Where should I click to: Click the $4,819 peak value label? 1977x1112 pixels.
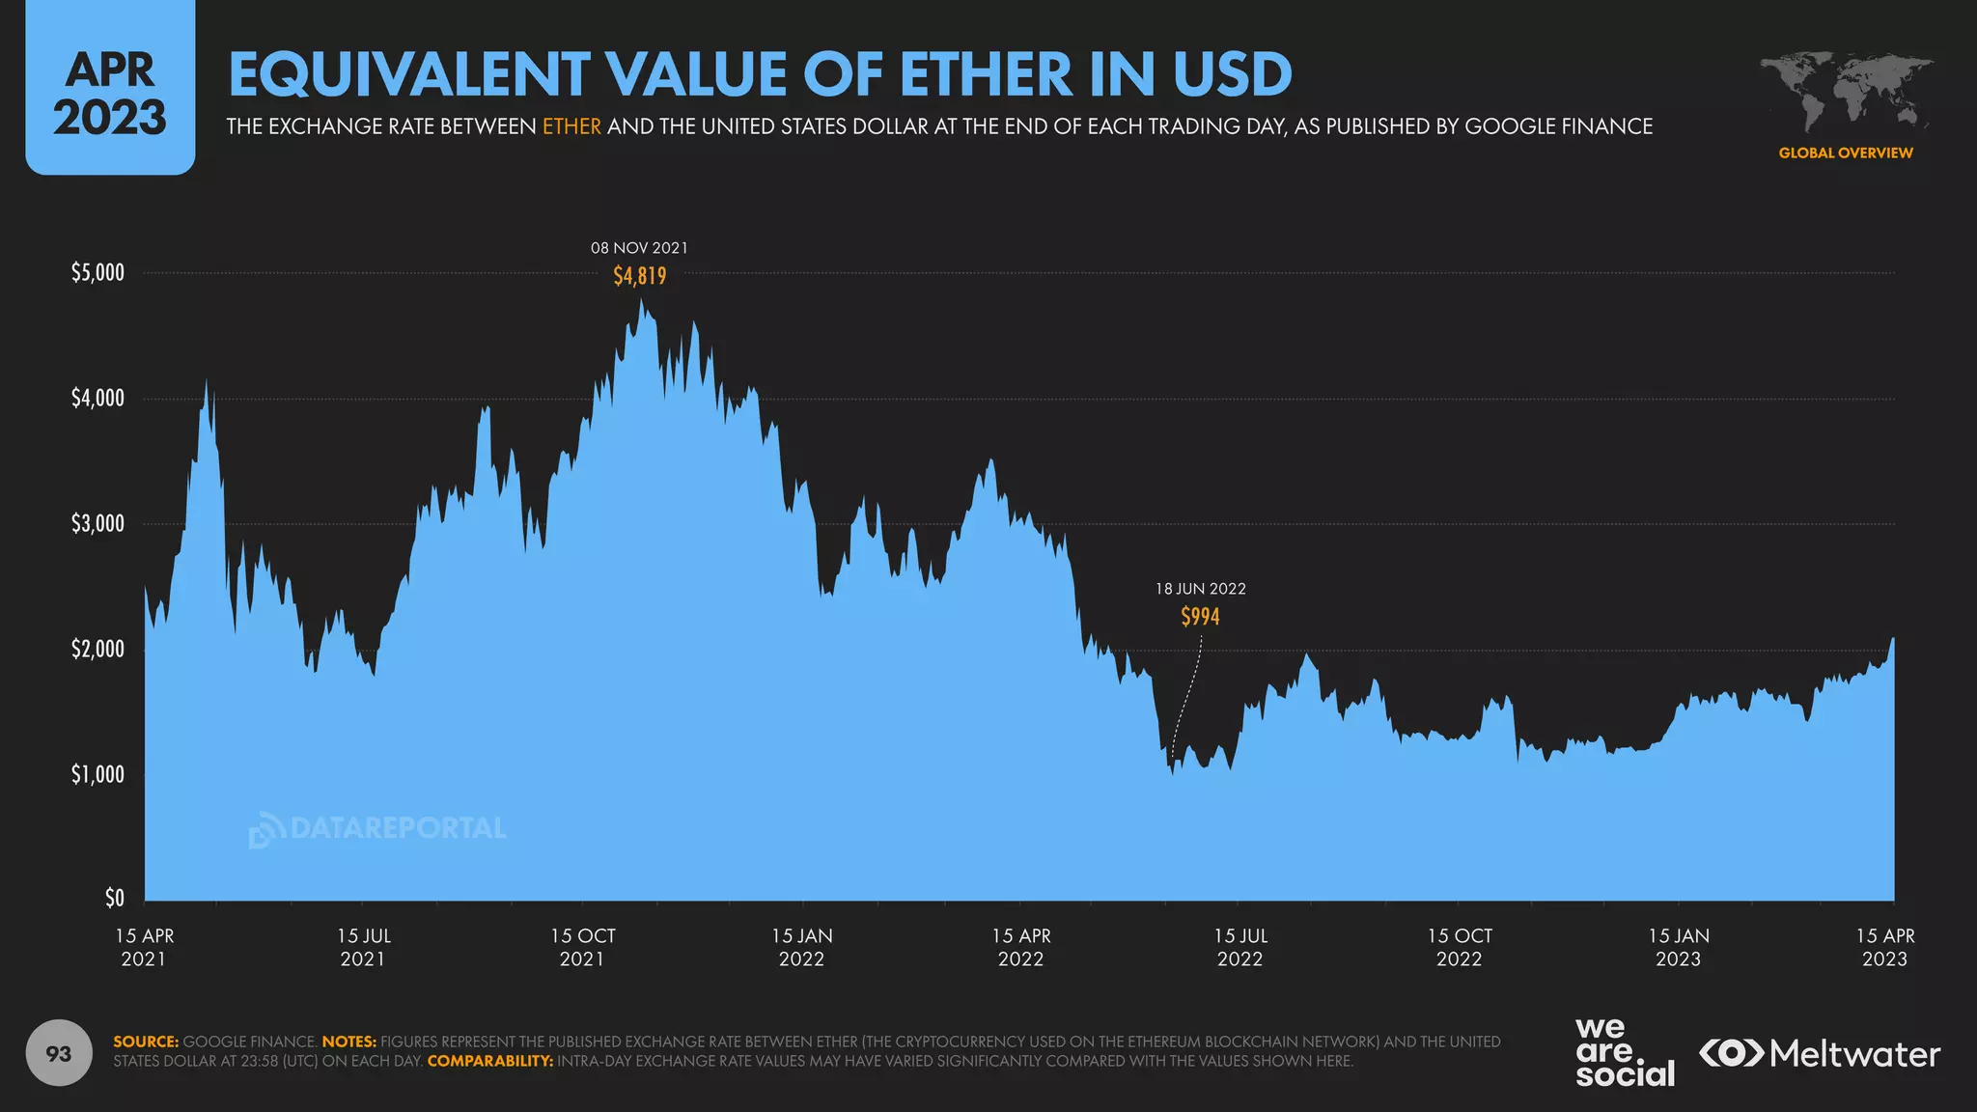[x=639, y=276]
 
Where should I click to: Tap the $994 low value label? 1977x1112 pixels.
[x=1200, y=617]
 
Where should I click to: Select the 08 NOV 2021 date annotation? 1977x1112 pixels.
[x=639, y=248]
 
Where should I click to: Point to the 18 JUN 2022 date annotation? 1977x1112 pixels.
[x=1200, y=589]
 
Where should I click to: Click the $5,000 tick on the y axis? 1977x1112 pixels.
[x=97, y=273]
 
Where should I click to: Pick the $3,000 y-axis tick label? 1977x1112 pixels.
[x=97, y=524]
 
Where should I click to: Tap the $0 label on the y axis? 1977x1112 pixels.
[x=114, y=899]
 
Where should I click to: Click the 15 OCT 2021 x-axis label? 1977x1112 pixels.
[x=582, y=947]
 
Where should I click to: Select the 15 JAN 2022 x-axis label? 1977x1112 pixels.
[x=801, y=947]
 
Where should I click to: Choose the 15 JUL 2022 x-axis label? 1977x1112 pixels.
[x=1239, y=947]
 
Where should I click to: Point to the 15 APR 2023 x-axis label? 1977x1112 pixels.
[x=1884, y=947]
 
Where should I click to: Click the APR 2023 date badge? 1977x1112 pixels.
[x=110, y=95]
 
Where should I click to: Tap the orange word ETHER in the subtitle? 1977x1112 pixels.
[x=571, y=126]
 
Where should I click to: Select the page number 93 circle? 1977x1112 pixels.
[x=59, y=1053]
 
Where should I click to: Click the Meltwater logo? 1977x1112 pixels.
[x=1820, y=1053]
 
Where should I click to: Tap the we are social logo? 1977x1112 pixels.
[x=1624, y=1052]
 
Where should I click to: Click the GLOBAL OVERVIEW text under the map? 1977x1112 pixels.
[x=1845, y=153]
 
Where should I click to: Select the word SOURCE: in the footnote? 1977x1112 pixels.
[x=146, y=1042]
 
